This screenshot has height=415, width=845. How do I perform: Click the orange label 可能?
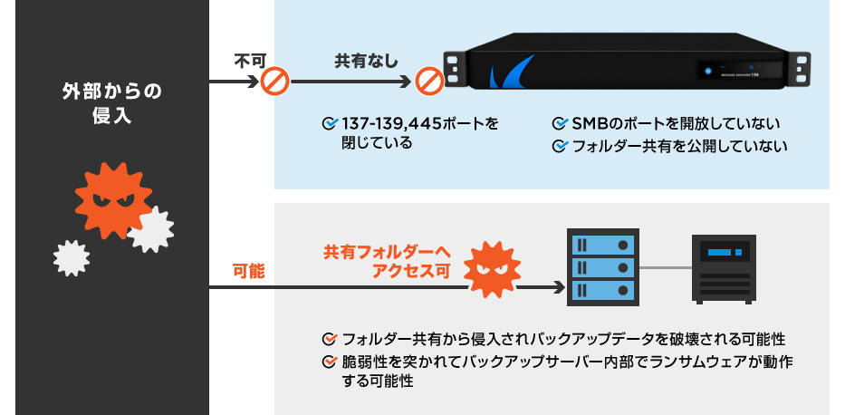point(248,270)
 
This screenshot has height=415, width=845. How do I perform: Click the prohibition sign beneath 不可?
point(274,83)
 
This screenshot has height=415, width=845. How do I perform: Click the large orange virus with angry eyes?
point(110,198)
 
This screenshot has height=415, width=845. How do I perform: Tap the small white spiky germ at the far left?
point(72,257)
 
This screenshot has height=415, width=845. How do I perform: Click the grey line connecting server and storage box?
point(665,267)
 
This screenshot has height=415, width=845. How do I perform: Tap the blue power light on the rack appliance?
point(703,71)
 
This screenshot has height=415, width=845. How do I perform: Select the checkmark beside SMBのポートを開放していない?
point(561,123)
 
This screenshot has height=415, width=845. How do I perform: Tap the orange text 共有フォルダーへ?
point(387,252)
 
